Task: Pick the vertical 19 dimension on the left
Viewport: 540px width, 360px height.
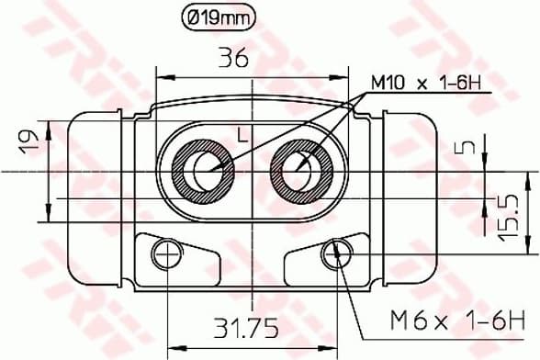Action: tap(27, 141)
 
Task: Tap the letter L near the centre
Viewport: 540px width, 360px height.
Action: tap(242, 136)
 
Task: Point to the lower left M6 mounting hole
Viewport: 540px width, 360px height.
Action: tap(167, 253)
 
